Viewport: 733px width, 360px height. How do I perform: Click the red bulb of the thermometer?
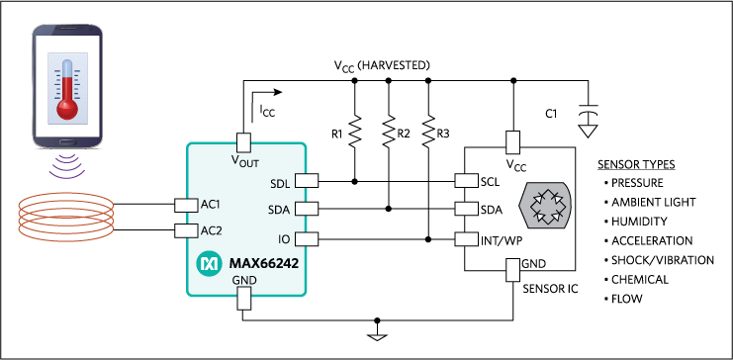[x=67, y=107]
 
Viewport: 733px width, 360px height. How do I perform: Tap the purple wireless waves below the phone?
[x=66, y=168]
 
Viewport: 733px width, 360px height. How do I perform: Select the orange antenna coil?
[x=66, y=216]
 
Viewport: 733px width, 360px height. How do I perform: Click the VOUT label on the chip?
[x=244, y=160]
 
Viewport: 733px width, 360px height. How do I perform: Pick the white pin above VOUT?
[x=243, y=142]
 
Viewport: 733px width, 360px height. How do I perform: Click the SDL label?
[x=280, y=184]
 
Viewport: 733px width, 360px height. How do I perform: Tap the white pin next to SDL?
[x=307, y=181]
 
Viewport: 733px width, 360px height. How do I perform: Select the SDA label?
[x=279, y=210]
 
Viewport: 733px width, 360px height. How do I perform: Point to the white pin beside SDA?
[x=307, y=209]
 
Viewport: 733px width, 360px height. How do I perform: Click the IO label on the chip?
[x=284, y=239]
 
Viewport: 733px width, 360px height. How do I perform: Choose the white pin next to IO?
[x=307, y=238]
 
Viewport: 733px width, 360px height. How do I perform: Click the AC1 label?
[x=211, y=205]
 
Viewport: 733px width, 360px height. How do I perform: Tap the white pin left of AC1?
[x=186, y=205]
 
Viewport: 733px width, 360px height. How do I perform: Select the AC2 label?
[x=211, y=230]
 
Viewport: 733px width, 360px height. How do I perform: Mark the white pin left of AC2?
[x=186, y=230]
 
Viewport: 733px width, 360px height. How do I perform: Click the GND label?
[x=243, y=281]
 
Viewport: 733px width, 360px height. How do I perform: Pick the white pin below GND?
[x=244, y=299]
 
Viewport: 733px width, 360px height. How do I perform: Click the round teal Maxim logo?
[x=209, y=264]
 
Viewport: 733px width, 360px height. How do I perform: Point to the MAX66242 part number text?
[x=263, y=264]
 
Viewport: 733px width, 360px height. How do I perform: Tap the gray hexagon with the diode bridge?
[x=545, y=206]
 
